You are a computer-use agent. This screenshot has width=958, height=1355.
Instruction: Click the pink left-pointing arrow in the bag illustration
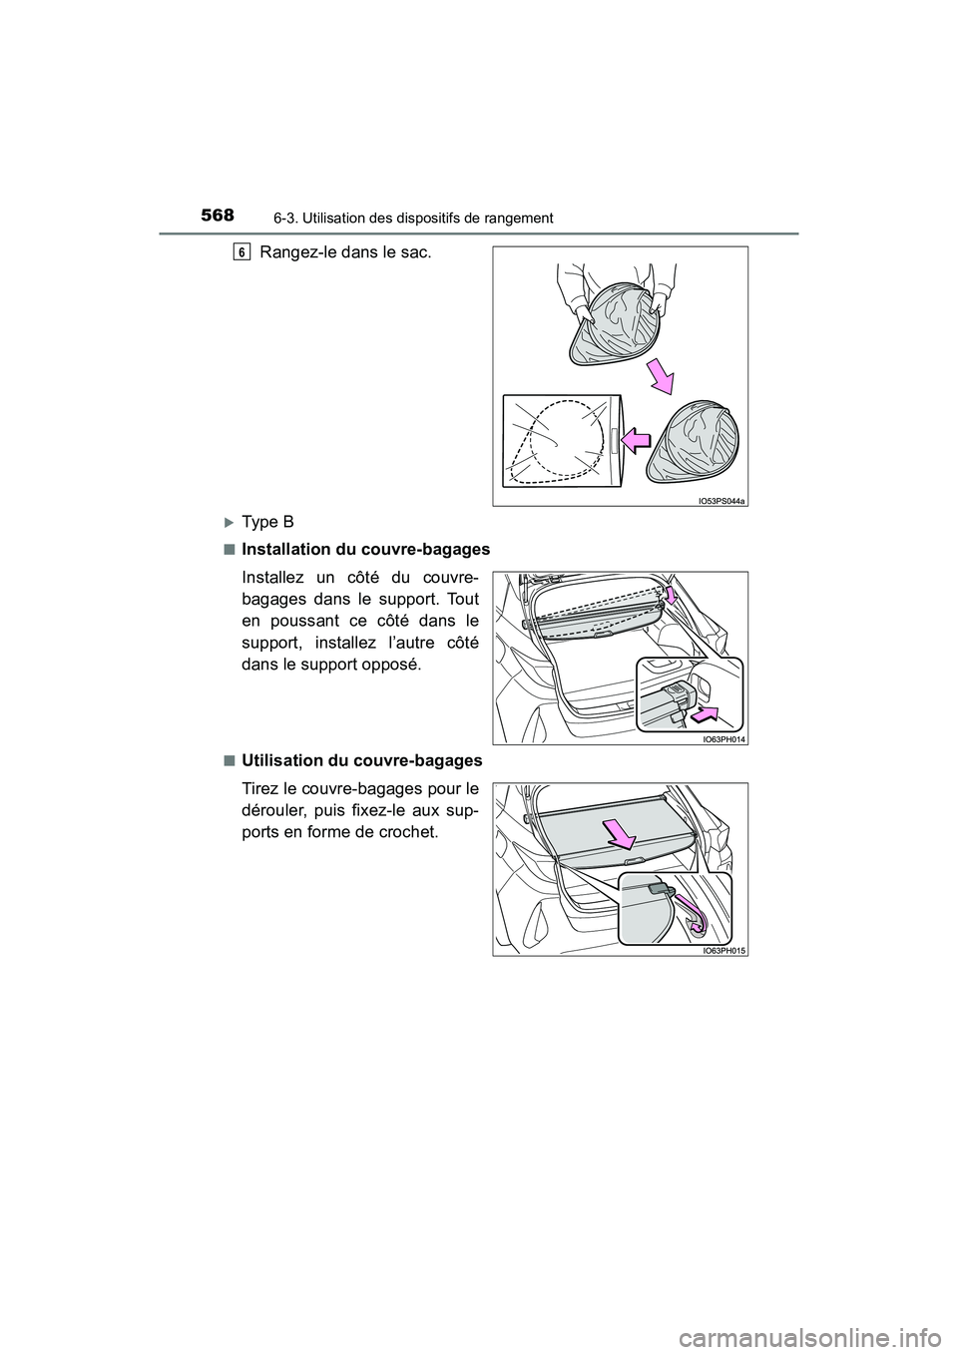pyautogui.click(x=636, y=436)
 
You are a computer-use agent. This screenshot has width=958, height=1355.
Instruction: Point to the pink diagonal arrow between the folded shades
pyautogui.click(x=660, y=377)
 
